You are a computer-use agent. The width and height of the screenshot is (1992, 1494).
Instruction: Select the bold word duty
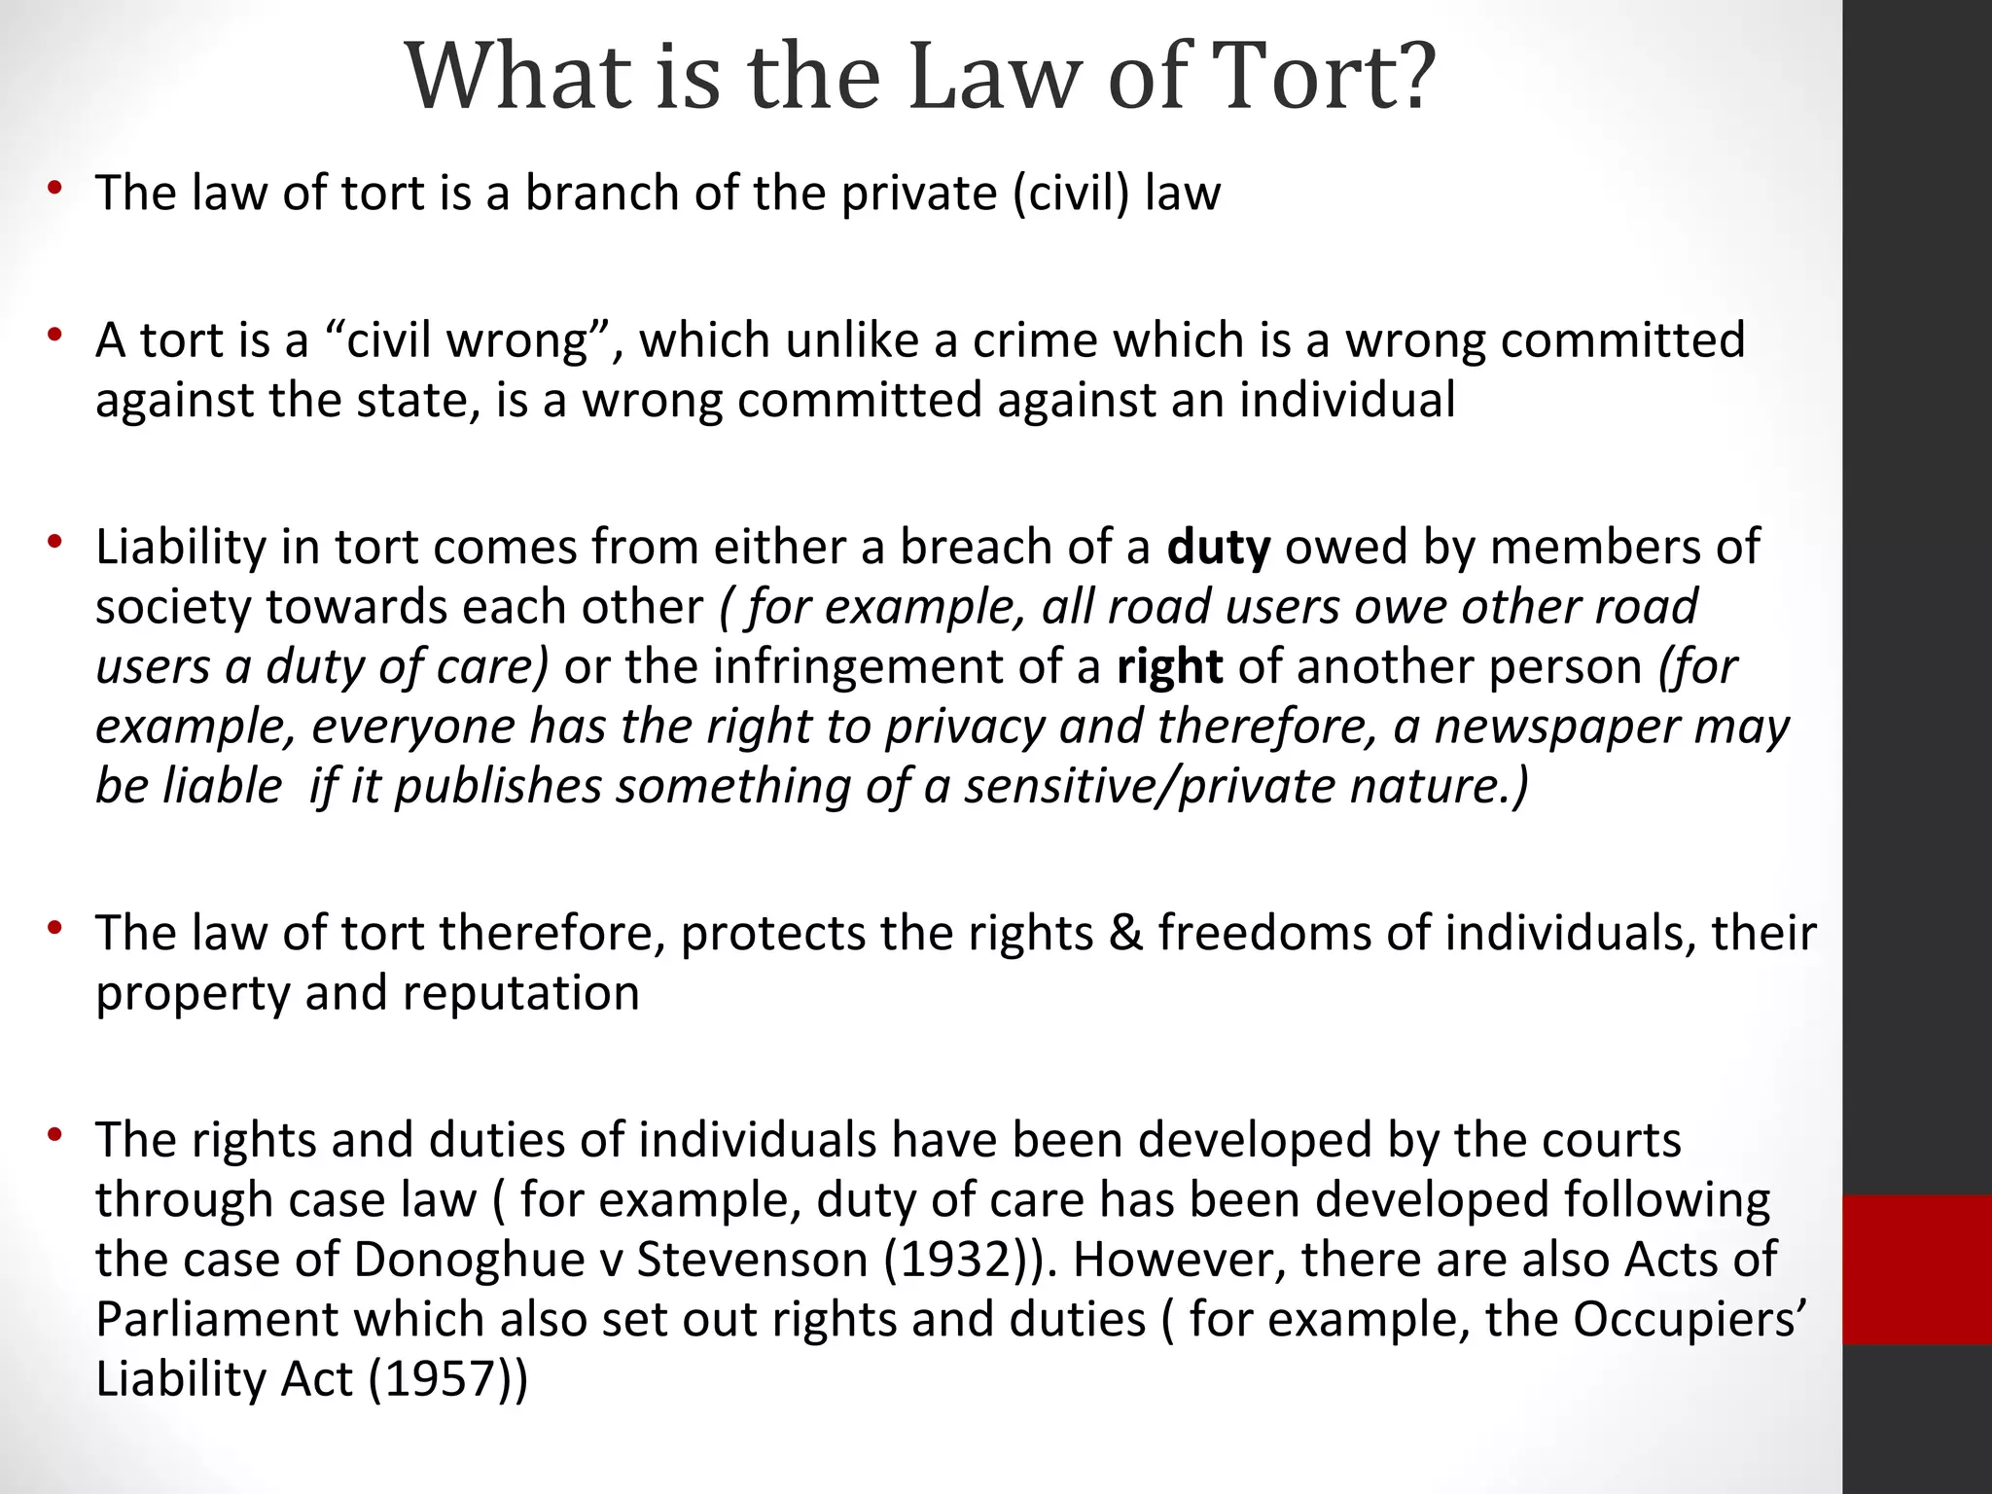coord(1219,548)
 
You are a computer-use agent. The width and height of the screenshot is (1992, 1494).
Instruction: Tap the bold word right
coord(1169,667)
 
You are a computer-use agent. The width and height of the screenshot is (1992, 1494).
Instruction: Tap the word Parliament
coord(216,1320)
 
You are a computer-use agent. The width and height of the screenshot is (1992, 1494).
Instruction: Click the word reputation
coord(520,993)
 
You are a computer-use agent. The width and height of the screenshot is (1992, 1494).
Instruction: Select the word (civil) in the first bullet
coord(1070,193)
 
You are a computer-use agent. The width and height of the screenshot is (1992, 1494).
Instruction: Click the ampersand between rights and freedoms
coord(1125,933)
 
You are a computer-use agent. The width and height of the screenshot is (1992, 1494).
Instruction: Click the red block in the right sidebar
coord(1916,1268)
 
